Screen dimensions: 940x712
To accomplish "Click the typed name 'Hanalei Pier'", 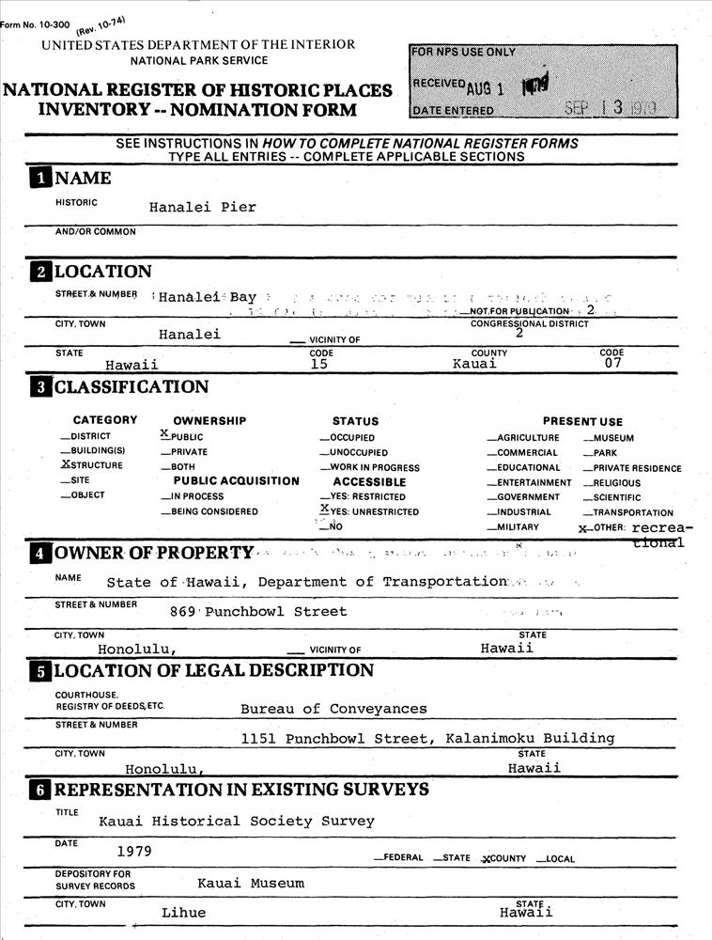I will (x=202, y=208).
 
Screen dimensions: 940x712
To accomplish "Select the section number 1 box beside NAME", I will (x=40, y=179).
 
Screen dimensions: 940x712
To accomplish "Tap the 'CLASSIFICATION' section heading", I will (x=132, y=387).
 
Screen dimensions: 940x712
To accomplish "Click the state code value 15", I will (x=319, y=365).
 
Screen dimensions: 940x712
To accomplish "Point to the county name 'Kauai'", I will (x=474, y=365).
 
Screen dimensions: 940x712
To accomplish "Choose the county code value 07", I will (x=611, y=365).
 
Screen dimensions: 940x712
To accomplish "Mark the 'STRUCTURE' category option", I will (x=92, y=465).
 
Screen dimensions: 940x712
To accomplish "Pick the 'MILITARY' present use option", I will (x=516, y=527).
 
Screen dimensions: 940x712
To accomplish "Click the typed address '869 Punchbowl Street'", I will (x=258, y=612).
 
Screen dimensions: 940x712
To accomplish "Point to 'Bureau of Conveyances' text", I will (x=333, y=709).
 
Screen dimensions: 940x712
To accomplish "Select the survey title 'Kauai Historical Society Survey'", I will (x=237, y=822).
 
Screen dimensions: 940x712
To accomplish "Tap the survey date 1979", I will (x=134, y=852).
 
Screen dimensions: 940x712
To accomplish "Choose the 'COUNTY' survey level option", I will (x=503, y=859).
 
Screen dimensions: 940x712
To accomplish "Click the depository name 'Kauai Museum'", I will (x=251, y=884).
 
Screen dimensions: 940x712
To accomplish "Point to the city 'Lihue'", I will (x=183, y=913).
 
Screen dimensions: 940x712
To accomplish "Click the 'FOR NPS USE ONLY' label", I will (x=464, y=52).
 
